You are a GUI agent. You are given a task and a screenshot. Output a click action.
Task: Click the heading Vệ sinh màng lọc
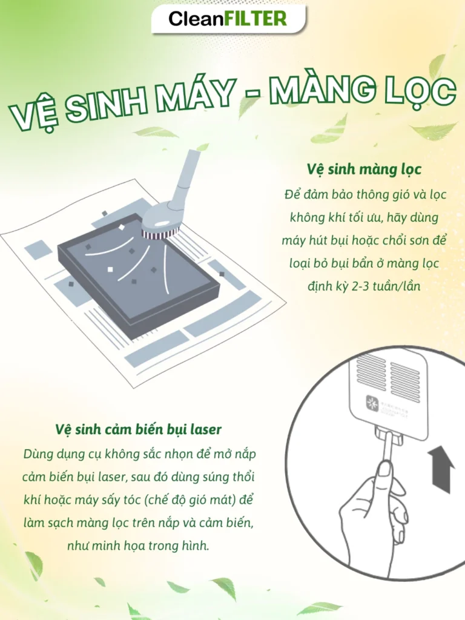(x=364, y=169)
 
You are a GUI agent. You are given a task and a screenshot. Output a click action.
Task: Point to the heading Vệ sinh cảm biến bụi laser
(x=137, y=429)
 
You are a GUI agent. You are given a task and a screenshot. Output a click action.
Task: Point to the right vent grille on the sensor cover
(x=405, y=381)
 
